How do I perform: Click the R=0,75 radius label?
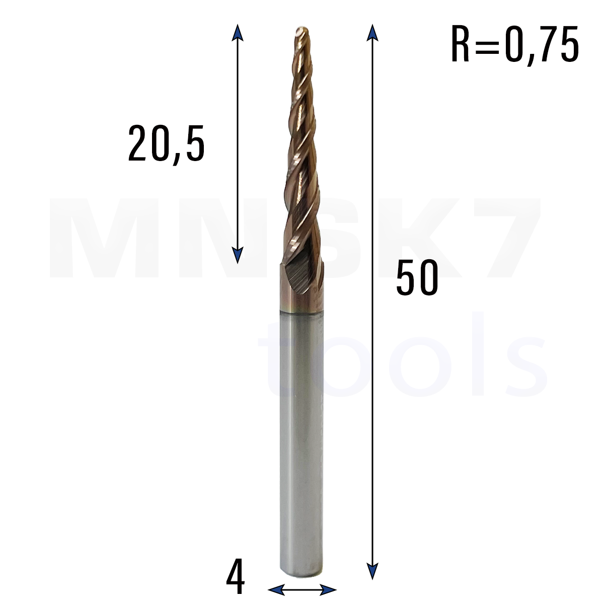point(514,45)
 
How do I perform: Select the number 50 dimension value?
point(417,277)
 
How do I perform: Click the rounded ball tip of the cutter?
point(302,31)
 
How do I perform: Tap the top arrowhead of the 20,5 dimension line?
point(238,33)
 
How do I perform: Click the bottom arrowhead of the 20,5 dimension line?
point(238,255)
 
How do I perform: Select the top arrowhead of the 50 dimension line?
point(372,33)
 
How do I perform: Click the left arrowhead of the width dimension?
point(276,589)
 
